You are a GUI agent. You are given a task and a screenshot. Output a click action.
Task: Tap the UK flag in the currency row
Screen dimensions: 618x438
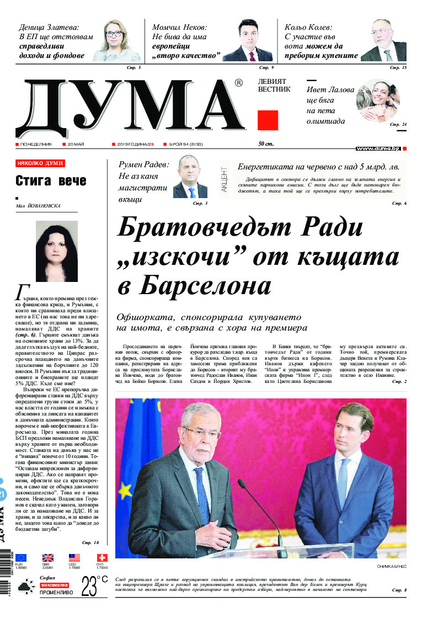48,558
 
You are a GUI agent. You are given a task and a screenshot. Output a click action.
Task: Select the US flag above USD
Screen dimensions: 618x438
74,558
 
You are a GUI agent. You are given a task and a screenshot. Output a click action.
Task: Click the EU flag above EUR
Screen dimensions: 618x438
21,558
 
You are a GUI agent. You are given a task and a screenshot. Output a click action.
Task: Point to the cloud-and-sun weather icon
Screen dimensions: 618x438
25,589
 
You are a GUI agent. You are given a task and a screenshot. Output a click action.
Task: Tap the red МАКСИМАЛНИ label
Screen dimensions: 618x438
54,585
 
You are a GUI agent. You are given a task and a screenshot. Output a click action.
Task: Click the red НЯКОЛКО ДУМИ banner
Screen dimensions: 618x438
40,164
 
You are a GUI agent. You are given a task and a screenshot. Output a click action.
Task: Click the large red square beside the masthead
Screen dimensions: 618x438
268,120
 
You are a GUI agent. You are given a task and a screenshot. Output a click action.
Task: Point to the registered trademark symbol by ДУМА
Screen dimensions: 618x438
238,83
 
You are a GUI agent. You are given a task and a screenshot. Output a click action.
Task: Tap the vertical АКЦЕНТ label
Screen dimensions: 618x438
225,179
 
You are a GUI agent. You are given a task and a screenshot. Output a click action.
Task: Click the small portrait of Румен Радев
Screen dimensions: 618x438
190,178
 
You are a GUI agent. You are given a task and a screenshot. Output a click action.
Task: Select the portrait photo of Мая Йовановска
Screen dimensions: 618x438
57,251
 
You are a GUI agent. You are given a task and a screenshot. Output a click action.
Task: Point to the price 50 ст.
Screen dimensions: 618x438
266,144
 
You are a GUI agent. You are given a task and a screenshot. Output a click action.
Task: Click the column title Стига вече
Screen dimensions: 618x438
51,180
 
